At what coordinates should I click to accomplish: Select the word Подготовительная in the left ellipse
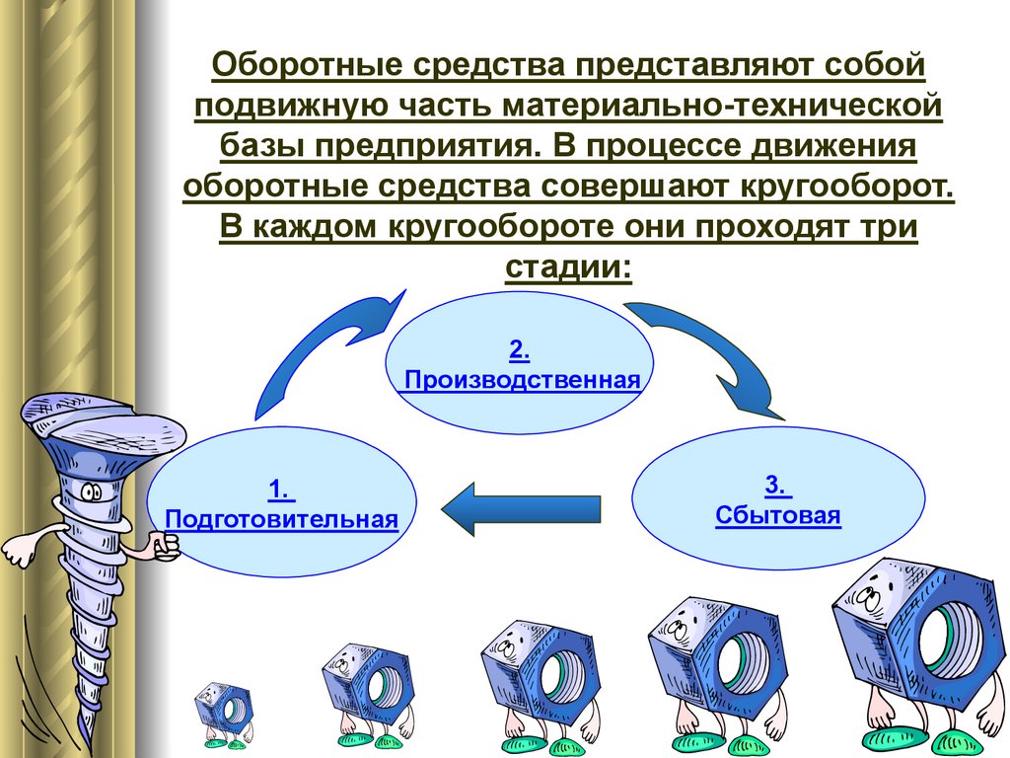click(x=282, y=519)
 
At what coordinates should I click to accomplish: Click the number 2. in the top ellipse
click(x=521, y=349)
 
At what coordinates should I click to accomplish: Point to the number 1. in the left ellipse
click(x=280, y=490)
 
